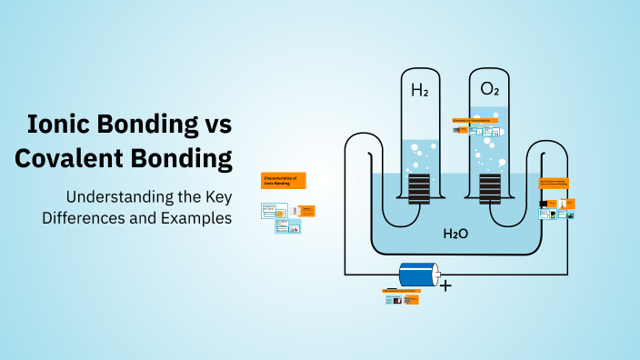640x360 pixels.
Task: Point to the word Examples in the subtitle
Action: (x=195, y=218)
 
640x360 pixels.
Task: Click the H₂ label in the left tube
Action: (x=420, y=90)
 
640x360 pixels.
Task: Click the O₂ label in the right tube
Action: (x=490, y=89)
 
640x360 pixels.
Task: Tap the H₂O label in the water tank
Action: (x=455, y=234)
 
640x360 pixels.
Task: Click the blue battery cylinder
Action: (x=416, y=275)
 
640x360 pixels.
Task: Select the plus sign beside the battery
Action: (x=445, y=285)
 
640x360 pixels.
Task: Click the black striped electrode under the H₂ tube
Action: (x=420, y=190)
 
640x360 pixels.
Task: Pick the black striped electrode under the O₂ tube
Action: (x=490, y=190)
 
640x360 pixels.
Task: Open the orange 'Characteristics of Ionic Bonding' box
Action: (x=283, y=180)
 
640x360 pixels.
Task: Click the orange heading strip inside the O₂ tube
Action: (x=475, y=119)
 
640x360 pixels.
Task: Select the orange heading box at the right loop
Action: (x=554, y=183)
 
